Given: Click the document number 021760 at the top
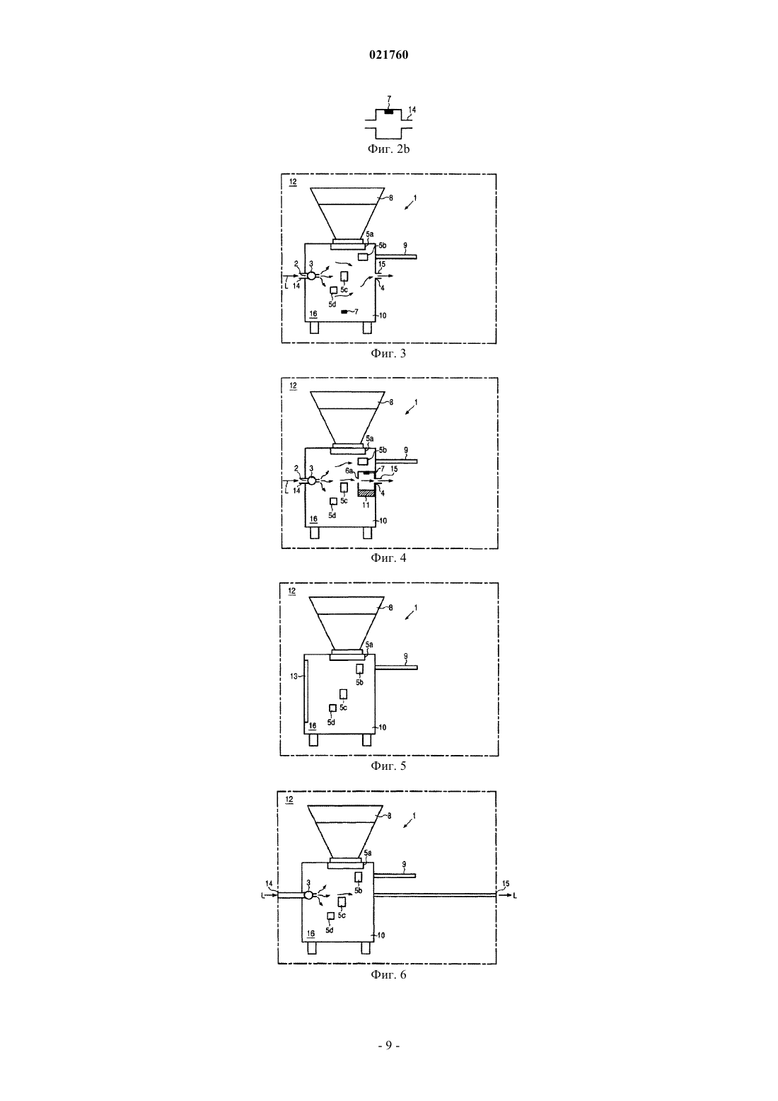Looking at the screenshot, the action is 388,55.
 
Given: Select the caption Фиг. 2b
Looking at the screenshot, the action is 388,149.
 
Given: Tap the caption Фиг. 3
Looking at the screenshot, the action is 388,353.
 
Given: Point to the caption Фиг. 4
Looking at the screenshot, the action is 388,558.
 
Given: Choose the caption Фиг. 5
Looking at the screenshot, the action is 388,766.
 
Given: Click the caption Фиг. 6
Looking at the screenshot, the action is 388,974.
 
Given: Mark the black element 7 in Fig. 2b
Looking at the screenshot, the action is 388,112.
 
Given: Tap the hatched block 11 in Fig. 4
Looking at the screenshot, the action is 366,493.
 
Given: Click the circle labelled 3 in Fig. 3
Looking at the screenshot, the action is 311,276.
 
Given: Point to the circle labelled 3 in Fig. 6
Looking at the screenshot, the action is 308,896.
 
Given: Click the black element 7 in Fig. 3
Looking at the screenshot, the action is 344,311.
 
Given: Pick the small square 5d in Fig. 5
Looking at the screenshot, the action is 332,708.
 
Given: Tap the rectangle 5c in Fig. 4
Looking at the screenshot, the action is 344,488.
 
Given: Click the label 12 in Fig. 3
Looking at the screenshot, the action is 293,182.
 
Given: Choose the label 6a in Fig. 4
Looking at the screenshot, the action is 349,471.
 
